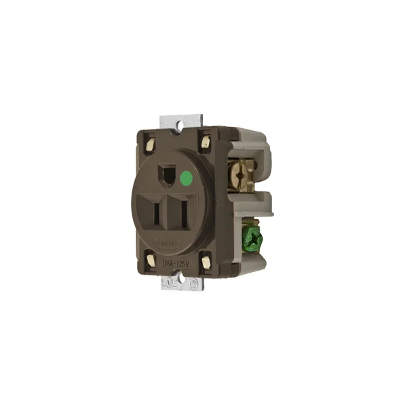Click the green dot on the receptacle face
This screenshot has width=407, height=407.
point(186,180)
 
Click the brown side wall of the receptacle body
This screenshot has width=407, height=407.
point(224,203)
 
